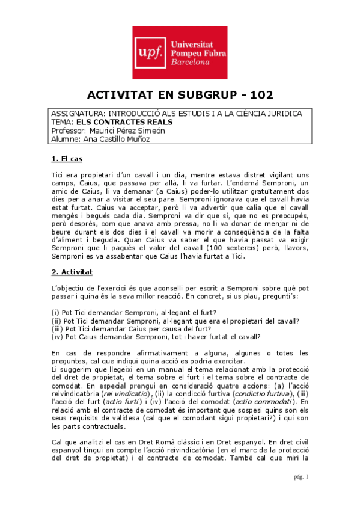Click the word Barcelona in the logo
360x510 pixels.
(190, 62)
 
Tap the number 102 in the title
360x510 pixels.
(260, 95)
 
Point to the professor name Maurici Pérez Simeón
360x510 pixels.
(126, 130)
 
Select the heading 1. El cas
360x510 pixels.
(67, 159)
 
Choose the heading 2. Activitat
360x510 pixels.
(72, 272)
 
